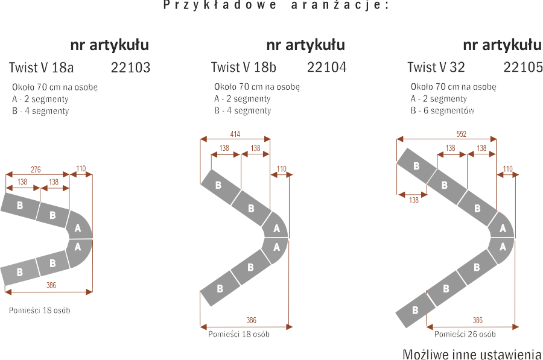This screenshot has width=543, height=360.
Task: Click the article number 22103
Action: point(131,68)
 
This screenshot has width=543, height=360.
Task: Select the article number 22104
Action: point(327,68)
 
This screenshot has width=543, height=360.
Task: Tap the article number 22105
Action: point(523,68)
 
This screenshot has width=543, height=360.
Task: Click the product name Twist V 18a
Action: point(41,68)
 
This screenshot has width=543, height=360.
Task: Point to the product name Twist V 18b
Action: point(244,68)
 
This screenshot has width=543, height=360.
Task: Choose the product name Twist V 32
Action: point(436,68)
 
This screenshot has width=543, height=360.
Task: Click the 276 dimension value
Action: point(36,170)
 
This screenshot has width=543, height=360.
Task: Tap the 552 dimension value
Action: point(461,134)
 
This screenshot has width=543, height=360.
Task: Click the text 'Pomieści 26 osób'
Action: point(465,334)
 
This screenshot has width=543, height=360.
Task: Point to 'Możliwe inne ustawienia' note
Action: point(472,353)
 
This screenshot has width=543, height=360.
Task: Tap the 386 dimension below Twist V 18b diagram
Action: point(252,320)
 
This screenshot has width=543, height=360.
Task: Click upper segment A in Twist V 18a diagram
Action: point(77,229)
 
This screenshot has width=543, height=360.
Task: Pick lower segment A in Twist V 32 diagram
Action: point(503,246)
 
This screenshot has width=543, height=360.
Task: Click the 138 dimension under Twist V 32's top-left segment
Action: point(413,200)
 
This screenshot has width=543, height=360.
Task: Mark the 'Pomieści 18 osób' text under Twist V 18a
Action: point(40,311)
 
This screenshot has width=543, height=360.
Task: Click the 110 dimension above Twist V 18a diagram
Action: point(81,169)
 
